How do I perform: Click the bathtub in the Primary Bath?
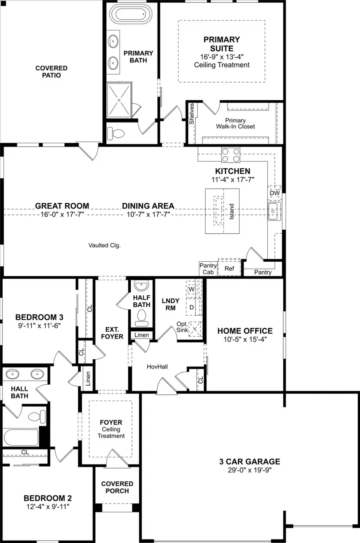129,15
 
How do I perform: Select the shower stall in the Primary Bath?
119,100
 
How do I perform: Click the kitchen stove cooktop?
231,155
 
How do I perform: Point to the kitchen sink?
274,211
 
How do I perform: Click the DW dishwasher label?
275,193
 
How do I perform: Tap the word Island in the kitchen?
232,211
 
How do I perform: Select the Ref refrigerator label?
229,268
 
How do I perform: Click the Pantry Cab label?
208,268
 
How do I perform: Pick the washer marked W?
192,289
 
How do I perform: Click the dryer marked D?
192,307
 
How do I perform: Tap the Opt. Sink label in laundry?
182,327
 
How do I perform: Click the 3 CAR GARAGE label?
250,461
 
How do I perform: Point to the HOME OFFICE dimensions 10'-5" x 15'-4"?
245,339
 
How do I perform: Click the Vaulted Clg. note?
104,245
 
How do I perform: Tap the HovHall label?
157,367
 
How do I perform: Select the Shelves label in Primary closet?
192,114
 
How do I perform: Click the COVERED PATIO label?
51,72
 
